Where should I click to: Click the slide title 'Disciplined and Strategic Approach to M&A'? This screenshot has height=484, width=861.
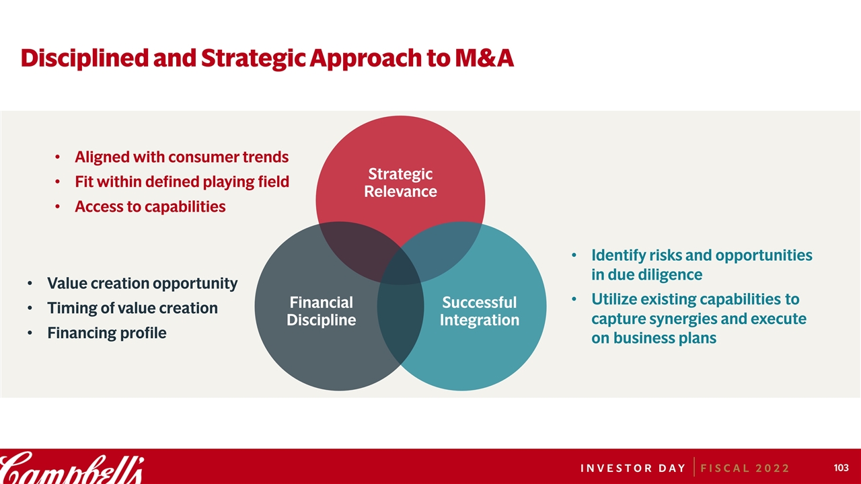pyautogui.click(x=267, y=58)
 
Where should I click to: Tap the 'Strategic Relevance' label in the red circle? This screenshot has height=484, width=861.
pyautogui.click(x=400, y=182)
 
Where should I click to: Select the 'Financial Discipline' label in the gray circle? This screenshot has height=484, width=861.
pyautogui.click(x=322, y=311)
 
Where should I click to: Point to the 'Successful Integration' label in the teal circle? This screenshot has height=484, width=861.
pyautogui.click(x=480, y=311)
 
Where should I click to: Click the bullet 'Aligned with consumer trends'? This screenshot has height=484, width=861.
pyautogui.click(x=182, y=157)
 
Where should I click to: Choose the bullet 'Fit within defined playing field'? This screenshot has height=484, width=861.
pyautogui.click(x=182, y=182)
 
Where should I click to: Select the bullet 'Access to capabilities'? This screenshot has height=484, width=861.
pyautogui.click(x=150, y=206)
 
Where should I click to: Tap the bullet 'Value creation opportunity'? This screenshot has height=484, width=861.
pyautogui.click(x=142, y=284)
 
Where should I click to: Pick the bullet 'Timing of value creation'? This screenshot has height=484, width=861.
pyautogui.click(x=133, y=308)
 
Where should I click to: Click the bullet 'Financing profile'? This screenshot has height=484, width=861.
pyautogui.click(x=107, y=333)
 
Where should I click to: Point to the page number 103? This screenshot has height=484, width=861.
pyautogui.click(x=841, y=467)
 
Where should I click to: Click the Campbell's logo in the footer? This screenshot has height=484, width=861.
pyautogui.click(x=72, y=468)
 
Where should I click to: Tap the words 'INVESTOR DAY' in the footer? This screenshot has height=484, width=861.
pyautogui.click(x=633, y=469)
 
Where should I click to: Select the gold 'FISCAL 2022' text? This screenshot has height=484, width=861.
pyautogui.click(x=745, y=469)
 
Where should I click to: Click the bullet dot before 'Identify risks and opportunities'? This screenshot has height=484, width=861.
pyautogui.click(x=574, y=255)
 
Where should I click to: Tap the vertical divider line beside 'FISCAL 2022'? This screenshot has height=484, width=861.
pyautogui.click(x=694, y=467)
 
